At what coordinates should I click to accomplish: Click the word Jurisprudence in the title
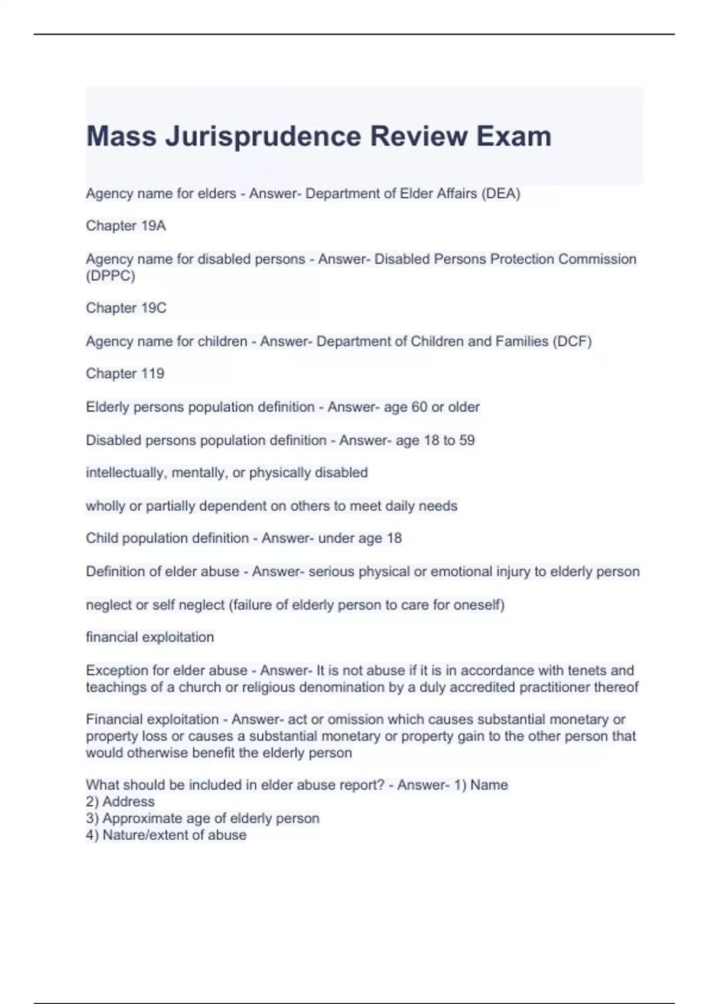pyautogui.click(x=263, y=136)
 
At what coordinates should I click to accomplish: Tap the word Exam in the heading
pyautogui.click(x=513, y=136)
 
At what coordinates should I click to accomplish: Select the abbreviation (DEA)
pyautogui.click(x=501, y=194)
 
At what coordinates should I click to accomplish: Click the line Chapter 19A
pyautogui.click(x=126, y=226)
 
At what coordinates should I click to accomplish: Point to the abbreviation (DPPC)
pyautogui.click(x=110, y=276)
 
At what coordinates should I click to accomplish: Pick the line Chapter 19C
pyautogui.click(x=126, y=308)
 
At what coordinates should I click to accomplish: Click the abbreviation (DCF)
pyautogui.click(x=572, y=341)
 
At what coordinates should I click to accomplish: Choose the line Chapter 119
pyautogui.click(x=125, y=373)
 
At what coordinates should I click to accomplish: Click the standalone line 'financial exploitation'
pyautogui.click(x=149, y=637)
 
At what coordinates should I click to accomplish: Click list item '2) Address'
pyautogui.click(x=120, y=801)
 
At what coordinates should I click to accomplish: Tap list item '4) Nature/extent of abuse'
pyautogui.click(x=166, y=835)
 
